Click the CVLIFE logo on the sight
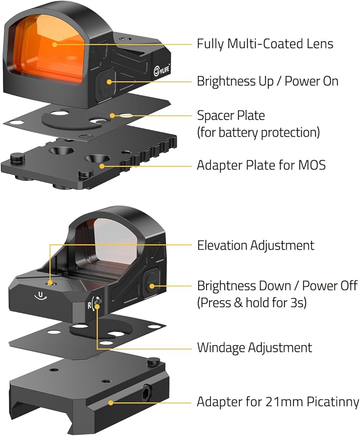click(162, 69)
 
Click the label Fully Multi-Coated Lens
click(265, 44)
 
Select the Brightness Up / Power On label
click(268, 82)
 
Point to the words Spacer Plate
click(231, 116)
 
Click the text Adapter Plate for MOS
click(261, 165)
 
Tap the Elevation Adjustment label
click(255, 245)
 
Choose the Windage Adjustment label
click(255, 347)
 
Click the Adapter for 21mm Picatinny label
click(278, 402)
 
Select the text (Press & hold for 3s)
click(252, 303)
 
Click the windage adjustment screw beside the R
click(97, 301)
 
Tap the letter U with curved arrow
click(41, 296)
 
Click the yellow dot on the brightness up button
click(109, 82)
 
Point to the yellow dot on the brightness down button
click(152, 286)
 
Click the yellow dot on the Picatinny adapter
click(111, 402)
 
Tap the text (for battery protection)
click(258, 133)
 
